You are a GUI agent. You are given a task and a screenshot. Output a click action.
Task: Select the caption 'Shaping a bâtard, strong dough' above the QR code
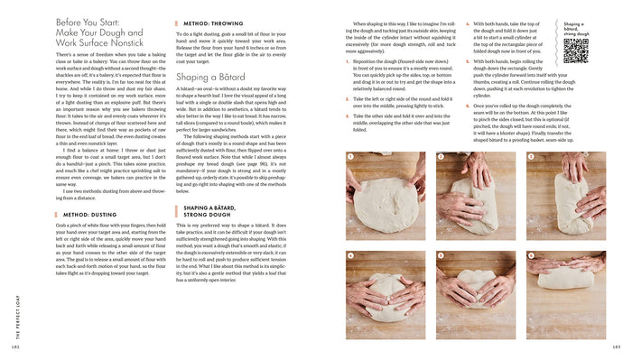tap(578, 29)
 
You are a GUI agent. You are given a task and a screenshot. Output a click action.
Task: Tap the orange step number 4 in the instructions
tap(467, 24)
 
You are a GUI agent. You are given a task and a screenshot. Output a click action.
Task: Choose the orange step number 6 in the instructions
tap(467, 106)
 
